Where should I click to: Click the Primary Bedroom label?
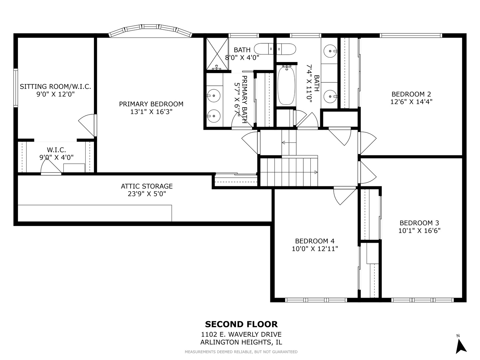151,104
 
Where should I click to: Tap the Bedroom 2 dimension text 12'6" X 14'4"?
413,102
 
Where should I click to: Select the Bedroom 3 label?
419,223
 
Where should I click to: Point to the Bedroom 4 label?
315,241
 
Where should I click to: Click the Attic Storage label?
147,186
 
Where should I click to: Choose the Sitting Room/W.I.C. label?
55,87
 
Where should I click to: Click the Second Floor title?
241,324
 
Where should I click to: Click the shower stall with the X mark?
217,54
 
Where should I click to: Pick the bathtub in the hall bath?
286,86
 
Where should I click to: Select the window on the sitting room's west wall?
15,88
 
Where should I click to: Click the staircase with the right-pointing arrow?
289,172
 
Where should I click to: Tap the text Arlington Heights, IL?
241,342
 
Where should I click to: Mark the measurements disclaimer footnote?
241,352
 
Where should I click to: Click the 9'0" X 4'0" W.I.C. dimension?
56,157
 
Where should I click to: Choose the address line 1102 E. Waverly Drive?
241,334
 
